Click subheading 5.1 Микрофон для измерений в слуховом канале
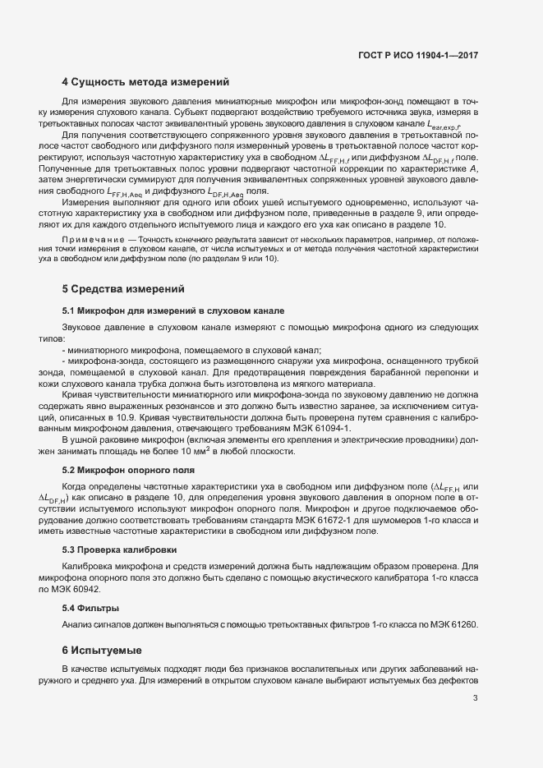point(173,311)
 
